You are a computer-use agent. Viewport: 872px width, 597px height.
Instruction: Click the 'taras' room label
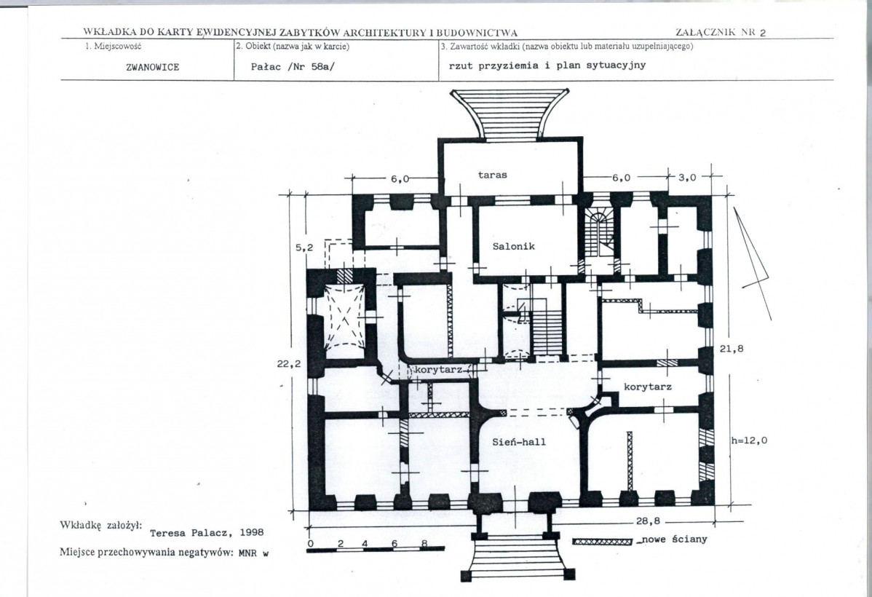tap(492, 175)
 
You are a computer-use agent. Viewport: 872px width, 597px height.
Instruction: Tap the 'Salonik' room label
tap(513, 246)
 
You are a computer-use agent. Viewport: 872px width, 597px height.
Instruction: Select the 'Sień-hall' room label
tap(519, 442)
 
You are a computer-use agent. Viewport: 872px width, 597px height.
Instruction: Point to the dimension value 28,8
tap(648, 521)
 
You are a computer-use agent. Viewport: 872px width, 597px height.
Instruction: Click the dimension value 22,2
tap(289, 364)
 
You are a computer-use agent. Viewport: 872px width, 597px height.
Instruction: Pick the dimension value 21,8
tap(732, 349)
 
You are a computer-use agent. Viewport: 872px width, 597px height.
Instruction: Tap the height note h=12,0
tap(749, 440)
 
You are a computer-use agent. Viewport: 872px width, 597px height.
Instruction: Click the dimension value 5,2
tap(304, 248)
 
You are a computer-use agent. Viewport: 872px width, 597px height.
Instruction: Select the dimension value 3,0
tap(687, 178)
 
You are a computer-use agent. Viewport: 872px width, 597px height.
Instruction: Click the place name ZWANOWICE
tap(152, 67)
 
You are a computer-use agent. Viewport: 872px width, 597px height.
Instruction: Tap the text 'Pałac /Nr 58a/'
tap(293, 67)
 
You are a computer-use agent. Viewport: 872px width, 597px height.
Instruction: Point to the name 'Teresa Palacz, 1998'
tap(207, 532)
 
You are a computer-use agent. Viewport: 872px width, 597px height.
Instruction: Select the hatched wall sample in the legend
tap(602, 542)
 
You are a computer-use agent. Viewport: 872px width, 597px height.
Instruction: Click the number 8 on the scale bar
tap(424, 544)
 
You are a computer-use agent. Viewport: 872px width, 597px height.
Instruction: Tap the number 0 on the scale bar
tap(310, 544)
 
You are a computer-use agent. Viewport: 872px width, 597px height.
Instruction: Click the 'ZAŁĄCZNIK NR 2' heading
tap(721, 32)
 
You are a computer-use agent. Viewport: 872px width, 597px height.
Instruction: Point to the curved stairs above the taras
tap(510, 114)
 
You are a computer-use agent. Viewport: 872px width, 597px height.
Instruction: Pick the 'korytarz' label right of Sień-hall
tap(647, 387)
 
